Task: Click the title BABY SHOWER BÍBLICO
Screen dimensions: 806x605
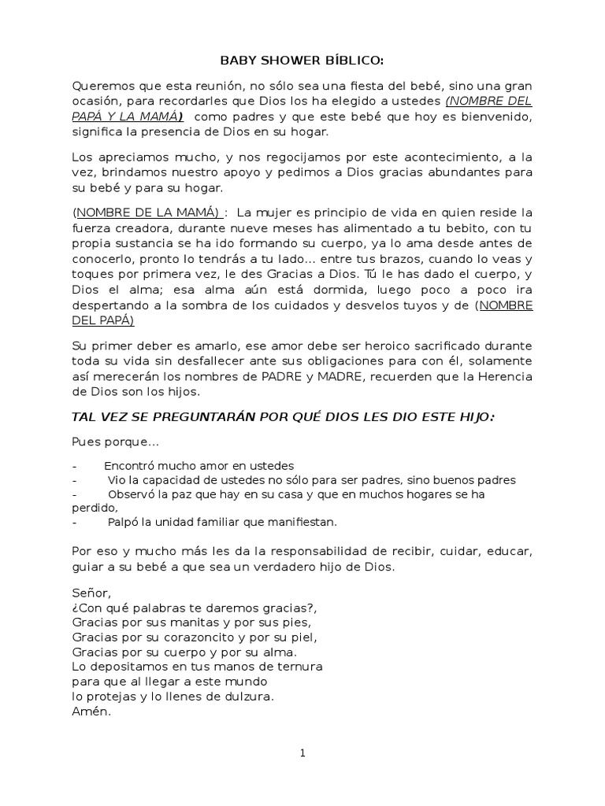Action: pos(302,61)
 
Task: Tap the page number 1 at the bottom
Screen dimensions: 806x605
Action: pos(302,753)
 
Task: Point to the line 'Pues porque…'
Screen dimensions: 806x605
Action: pos(116,442)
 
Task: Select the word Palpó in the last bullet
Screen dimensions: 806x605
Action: pos(124,521)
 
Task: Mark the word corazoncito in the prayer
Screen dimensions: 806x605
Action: pos(200,637)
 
